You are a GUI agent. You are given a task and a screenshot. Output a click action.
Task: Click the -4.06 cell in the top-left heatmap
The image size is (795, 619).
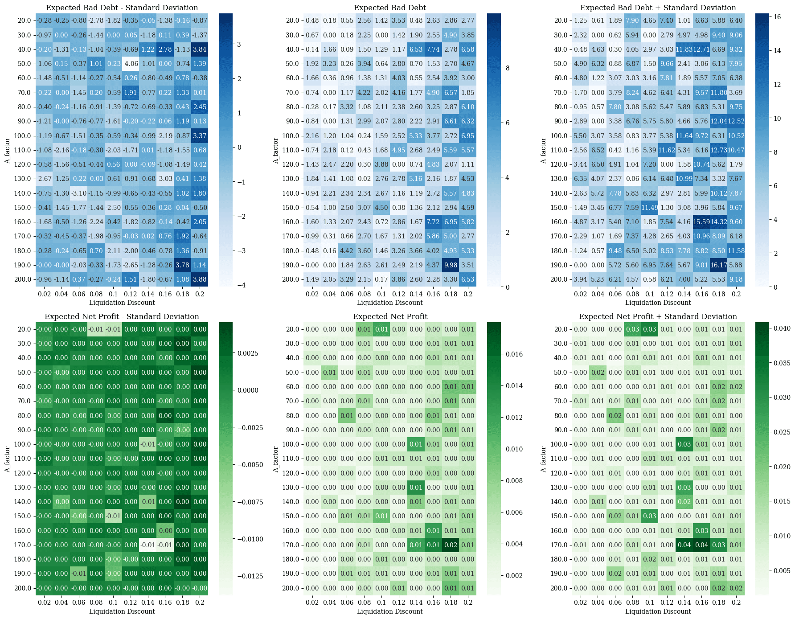(x=131, y=64)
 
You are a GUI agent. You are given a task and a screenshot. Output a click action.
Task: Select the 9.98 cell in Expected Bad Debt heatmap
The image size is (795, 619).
(x=451, y=265)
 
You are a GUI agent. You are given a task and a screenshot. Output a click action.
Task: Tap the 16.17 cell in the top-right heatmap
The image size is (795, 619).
(x=719, y=265)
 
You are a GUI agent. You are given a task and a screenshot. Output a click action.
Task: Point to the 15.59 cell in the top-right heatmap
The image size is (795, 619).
(x=701, y=222)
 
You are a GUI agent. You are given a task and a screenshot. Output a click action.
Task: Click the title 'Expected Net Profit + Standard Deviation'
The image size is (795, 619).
(x=658, y=317)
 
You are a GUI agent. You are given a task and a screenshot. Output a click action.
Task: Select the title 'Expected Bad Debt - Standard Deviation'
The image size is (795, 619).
(x=122, y=8)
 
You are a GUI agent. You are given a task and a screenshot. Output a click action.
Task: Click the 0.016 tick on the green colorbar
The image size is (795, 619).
(x=514, y=354)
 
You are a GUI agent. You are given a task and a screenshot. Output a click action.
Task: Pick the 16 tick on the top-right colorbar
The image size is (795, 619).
(x=777, y=17)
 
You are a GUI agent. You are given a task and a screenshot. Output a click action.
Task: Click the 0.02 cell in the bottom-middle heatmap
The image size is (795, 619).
(x=451, y=545)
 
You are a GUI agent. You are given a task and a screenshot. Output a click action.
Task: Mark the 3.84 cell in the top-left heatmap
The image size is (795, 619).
(x=200, y=49)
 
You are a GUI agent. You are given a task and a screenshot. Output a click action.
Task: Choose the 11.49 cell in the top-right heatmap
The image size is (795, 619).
(x=650, y=208)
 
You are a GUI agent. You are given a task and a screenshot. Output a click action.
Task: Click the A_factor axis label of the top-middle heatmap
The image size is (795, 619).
(x=275, y=150)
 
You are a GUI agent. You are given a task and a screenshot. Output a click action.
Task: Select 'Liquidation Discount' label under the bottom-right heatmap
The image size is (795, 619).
(x=658, y=611)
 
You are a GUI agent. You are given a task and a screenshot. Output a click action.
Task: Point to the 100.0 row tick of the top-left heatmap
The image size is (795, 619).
(x=23, y=136)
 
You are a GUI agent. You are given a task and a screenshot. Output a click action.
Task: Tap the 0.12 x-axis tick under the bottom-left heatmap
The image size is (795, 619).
(x=131, y=603)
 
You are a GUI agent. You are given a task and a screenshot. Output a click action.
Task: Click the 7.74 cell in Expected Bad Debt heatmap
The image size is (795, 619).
(x=433, y=49)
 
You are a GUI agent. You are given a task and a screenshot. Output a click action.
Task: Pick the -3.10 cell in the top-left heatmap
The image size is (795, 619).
(x=79, y=193)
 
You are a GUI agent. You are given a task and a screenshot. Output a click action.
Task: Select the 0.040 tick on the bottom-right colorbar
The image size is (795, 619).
(x=782, y=328)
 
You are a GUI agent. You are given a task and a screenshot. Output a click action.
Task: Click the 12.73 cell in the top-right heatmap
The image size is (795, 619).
(x=719, y=150)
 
